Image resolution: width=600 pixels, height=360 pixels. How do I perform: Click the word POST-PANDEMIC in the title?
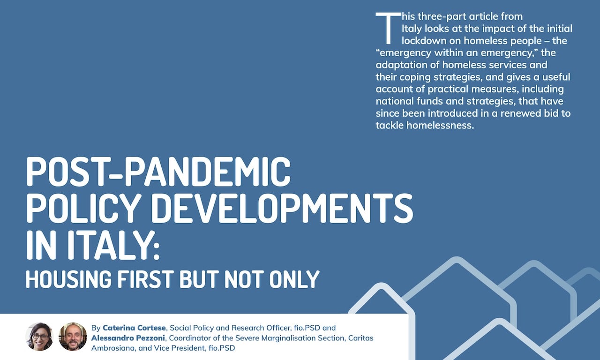click(x=158, y=172)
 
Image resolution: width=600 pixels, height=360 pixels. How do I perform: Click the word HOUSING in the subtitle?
click(x=68, y=279)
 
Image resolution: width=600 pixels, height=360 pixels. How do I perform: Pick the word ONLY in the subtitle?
click(x=294, y=279)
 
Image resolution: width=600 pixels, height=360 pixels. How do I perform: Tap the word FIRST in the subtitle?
click(x=144, y=279)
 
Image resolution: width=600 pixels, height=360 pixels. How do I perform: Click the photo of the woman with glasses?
click(x=39, y=337)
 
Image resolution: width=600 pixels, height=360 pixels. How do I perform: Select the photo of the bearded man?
click(x=73, y=337)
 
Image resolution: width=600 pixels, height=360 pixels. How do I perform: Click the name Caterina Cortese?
click(x=134, y=328)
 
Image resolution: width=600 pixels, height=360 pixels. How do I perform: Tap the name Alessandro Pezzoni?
click(x=128, y=338)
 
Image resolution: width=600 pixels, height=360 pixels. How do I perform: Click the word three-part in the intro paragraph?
click(x=442, y=17)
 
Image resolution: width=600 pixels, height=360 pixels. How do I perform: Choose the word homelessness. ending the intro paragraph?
click(x=440, y=125)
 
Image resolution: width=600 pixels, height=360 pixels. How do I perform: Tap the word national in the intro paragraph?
click(x=395, y=101)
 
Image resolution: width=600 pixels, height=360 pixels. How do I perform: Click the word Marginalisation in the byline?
click(x=303, y=338)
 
